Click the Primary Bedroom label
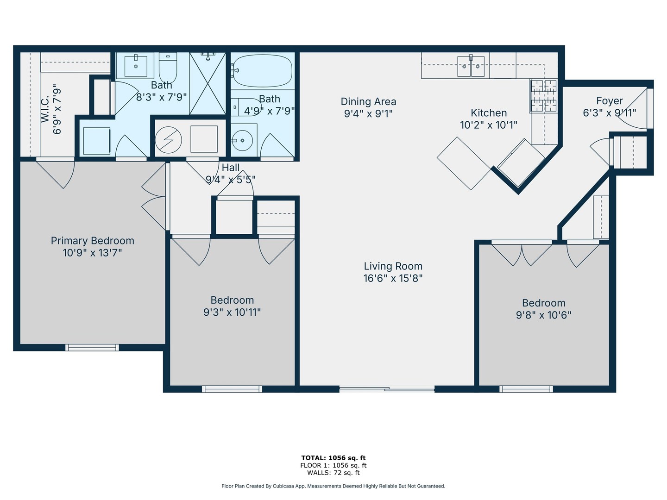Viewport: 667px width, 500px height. [92, 241]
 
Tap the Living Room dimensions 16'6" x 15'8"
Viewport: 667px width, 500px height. [393, 278]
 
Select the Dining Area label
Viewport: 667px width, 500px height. [368, 101]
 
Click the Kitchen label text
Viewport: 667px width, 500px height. [489, 112]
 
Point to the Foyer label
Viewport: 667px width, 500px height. [609, 100]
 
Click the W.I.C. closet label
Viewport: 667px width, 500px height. [45, 109]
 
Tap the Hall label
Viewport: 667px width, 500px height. [231, 168]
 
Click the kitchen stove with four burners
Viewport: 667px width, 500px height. [543, 96]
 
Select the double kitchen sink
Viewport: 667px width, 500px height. [471, 67]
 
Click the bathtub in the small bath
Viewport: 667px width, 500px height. [262, 71]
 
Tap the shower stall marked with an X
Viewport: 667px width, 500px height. [208, 83]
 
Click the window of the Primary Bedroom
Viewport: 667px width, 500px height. [92, 347]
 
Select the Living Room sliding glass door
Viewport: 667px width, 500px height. [387, 389]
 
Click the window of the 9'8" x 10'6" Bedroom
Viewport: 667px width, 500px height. [526, 389]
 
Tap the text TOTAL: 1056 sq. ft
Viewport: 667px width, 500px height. [333, 458]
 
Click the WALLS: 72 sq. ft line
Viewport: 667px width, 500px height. [333, 473]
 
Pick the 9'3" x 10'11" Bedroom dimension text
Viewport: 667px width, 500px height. [232, 312]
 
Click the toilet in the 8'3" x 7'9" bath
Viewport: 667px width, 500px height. [168, 69]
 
